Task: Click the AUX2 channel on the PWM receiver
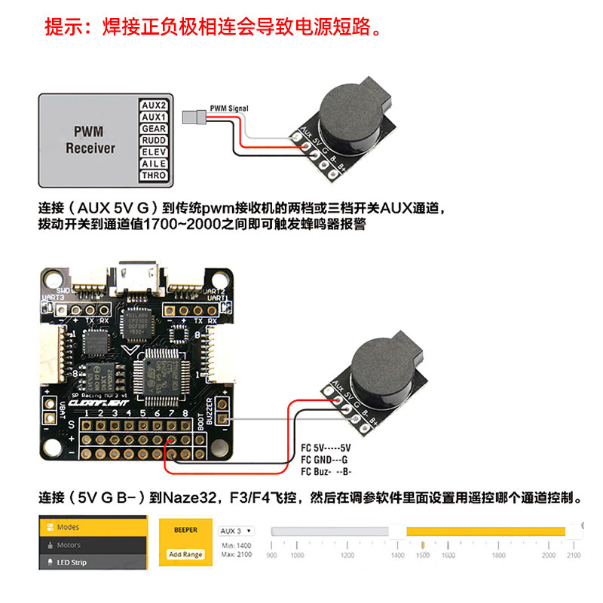[154, 106]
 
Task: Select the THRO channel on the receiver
[154, 176]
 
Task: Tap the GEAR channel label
[154, 129]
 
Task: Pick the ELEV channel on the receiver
[154, 152]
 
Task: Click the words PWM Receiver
[90, 140]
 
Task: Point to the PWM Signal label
[229, 108]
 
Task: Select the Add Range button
[185, 554]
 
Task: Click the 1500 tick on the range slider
[423, 555]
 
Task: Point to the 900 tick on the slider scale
[271, 555]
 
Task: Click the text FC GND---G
[324, 459]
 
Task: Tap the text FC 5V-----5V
[326, 447]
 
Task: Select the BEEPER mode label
[185, 530]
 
